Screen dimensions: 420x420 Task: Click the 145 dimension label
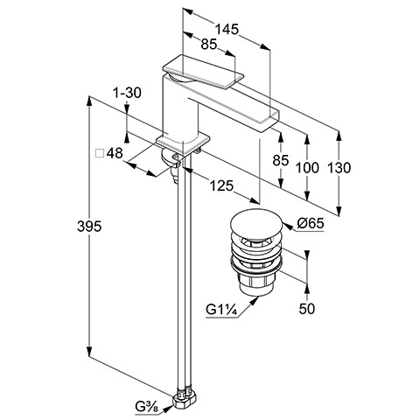[227, 29]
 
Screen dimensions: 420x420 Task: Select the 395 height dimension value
[89, 227]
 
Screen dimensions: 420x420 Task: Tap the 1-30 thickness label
[127, 93]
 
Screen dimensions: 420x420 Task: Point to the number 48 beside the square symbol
[115, 153]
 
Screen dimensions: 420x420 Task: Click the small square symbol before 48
[100, 153]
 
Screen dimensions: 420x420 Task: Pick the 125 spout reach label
[221, 185]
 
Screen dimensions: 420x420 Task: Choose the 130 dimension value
[339, 168]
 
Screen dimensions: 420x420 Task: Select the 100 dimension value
[307, 168]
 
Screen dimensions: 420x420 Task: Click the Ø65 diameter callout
[311, 224]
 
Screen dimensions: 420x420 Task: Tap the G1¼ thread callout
[220, 310]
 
